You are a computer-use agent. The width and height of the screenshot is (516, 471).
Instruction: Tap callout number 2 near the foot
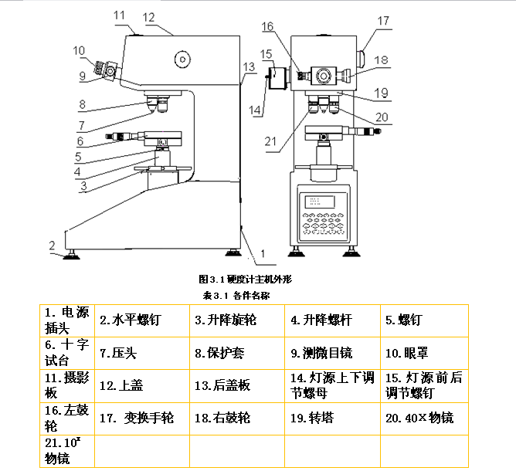(53, 246)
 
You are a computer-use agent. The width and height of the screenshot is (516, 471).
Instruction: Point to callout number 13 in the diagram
(248, 67)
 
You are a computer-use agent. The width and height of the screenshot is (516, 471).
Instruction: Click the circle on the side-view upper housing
(183, 59)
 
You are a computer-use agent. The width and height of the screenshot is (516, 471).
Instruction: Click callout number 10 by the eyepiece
(79, 51)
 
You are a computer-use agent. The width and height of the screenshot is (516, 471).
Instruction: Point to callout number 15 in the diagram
(267, 54)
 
